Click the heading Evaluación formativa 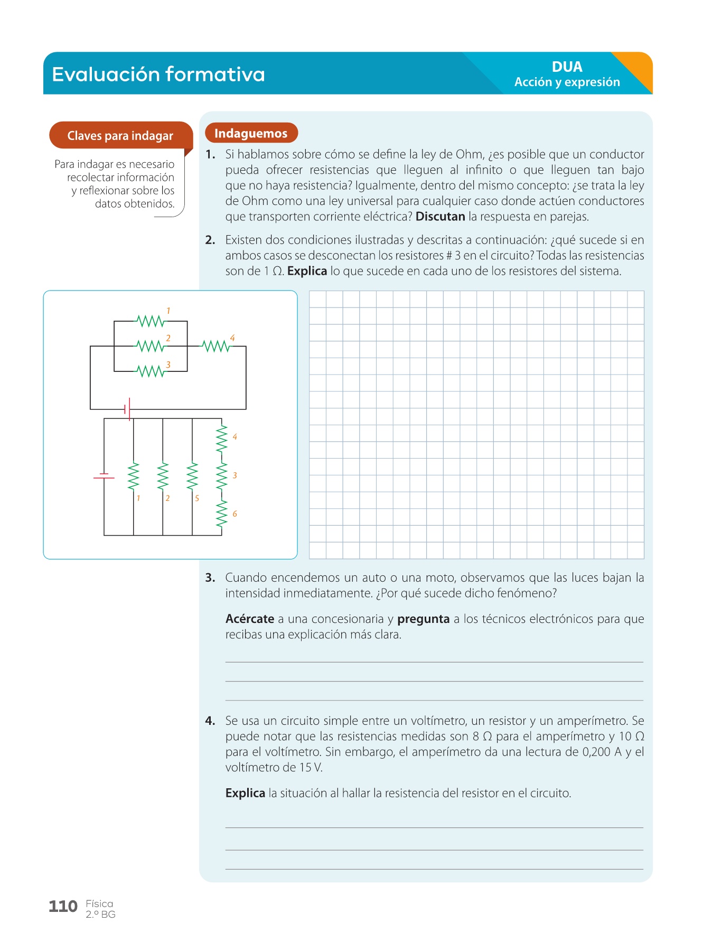click(158, 74)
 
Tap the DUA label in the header click(567, 67)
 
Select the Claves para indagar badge click(120, 136)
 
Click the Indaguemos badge click(251, 133)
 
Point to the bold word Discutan click(440, 217)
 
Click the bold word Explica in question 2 click(307, 271)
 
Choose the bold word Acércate click(249, 619)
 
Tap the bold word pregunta click(423, 619)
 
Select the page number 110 click(63, 907)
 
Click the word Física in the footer click(99, 903)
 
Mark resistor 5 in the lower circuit click(192, 477)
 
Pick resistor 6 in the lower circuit click(222, 514)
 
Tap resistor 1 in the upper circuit click(151, 321)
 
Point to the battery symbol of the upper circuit click(127, 409)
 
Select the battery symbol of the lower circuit click(104, 477)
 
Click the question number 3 click(210, 577)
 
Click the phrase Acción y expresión click(567, 82)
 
